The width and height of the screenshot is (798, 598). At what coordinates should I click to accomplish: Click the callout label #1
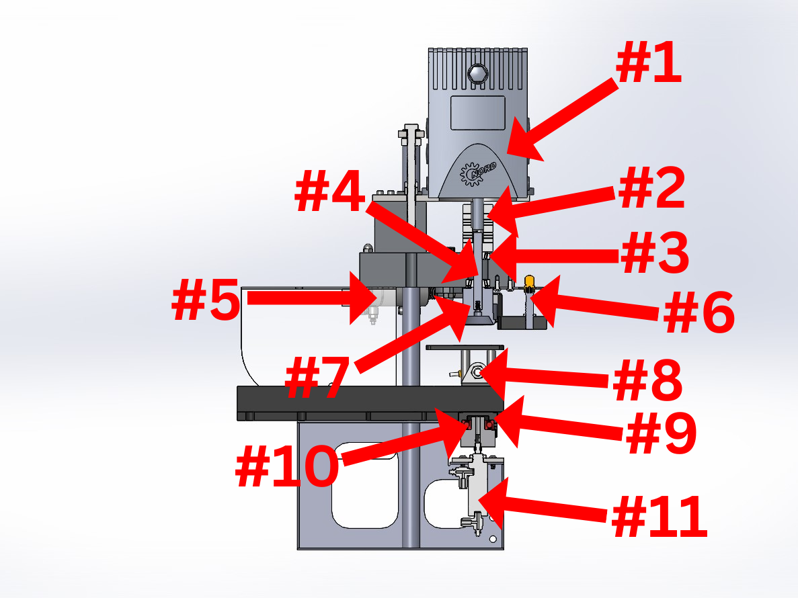648,66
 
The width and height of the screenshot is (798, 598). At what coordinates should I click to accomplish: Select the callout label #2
651,189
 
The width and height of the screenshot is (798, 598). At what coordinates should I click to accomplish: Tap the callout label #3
654,255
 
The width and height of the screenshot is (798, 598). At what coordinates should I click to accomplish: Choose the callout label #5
206,301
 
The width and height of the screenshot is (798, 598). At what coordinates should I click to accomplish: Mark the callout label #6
699,314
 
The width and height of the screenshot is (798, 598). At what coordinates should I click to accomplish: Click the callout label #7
318,380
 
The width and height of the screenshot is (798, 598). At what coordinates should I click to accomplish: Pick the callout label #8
647,381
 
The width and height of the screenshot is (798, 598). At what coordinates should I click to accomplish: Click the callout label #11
660,517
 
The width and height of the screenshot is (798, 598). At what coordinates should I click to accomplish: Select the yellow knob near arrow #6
529,281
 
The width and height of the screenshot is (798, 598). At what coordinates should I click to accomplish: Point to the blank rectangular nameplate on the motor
477,112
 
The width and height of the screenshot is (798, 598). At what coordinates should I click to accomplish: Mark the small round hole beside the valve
493,539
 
